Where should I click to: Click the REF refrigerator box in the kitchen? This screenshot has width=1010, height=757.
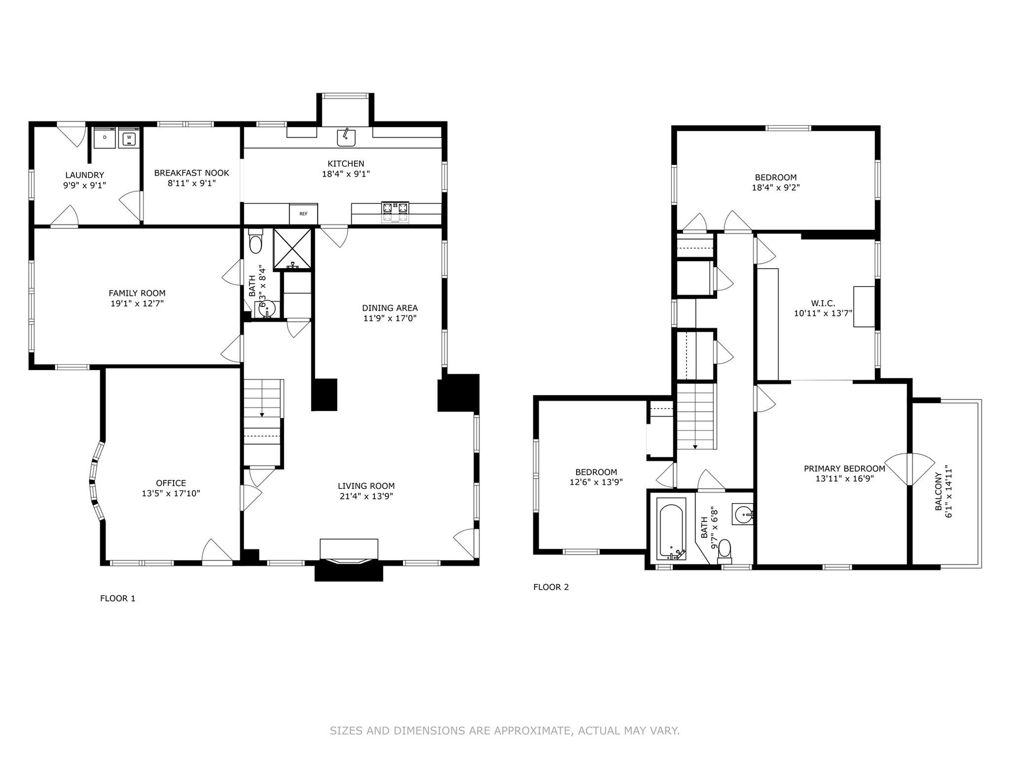(304, 214)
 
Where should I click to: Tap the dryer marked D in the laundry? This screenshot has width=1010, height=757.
(105, 138)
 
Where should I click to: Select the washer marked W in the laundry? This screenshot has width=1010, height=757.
(128, 138)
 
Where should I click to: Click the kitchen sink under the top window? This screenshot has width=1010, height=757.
(346, 137)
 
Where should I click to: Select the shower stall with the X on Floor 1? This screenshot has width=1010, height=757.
(292, 249)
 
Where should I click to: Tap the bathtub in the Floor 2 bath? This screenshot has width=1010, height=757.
(671, 528)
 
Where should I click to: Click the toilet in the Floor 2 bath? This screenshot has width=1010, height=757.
(725, 548)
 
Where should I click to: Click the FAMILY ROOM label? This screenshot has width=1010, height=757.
(137, 293)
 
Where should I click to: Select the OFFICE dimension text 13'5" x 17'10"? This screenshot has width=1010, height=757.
(171, 494)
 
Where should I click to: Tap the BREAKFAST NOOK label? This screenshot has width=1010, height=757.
(192, 173)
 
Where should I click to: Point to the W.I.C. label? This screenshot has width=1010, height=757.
(823, 303)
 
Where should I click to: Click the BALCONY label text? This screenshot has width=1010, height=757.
(938, 492)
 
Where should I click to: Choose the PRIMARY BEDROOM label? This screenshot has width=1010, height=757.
(845, 468)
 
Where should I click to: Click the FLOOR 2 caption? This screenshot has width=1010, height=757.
(551, 587)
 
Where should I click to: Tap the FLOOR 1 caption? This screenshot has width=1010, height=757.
(118, 598)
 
